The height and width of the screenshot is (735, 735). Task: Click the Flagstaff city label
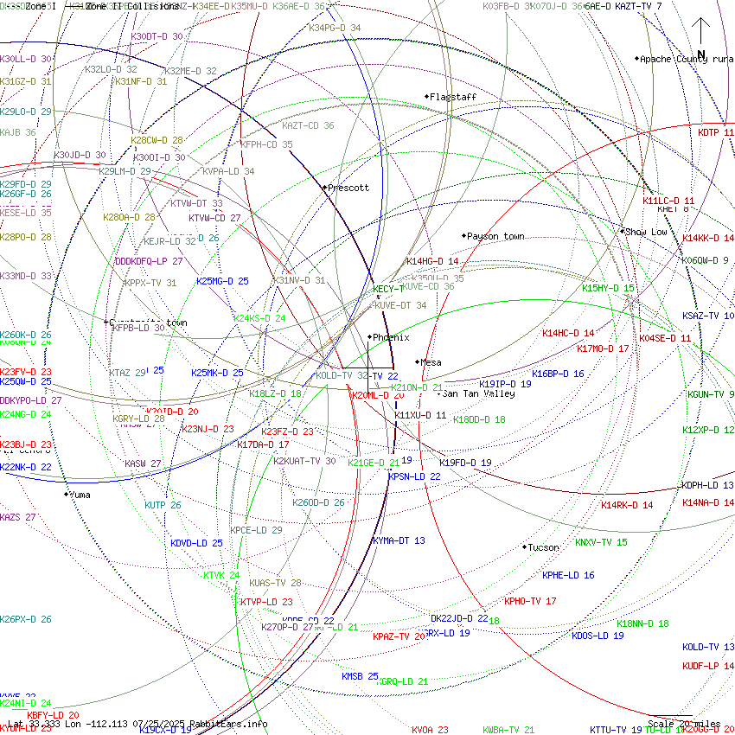[453, 97]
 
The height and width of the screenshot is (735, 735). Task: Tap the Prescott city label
[348, 188]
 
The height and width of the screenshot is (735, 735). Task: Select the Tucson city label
[543, 547]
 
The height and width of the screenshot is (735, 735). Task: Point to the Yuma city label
[80, 495]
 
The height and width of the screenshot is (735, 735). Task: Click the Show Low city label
[646, 232]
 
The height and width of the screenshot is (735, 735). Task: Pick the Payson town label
[495, 236]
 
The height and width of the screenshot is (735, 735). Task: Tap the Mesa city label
[431, 362]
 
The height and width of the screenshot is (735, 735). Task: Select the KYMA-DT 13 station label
[399, 540]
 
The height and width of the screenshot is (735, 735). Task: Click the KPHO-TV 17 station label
[530, 601]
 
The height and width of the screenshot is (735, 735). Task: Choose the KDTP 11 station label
[716, 132]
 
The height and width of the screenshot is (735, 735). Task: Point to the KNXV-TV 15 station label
[601, 542]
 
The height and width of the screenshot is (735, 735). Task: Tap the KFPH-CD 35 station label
[266, 144]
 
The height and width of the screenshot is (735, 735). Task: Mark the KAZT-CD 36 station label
[308, 125]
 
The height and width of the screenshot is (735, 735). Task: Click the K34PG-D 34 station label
[335, 28]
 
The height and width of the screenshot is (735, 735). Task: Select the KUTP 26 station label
[163, 504]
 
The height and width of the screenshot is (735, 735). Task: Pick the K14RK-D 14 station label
[627, 504]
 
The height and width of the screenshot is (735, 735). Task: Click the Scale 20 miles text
[684, 724]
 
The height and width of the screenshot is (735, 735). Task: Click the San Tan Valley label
[479, 393]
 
